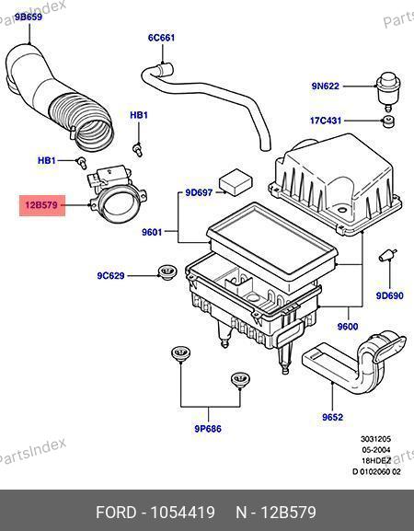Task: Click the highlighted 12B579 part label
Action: (42, 205)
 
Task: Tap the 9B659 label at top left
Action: (29, 17)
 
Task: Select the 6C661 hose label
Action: (162, 37)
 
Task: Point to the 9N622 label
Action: (326, 86)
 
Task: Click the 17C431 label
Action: (326, 121)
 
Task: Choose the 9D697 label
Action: (199, 192)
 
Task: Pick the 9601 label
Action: (152, 232)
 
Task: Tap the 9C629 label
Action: (110, 276)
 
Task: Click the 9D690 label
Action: (390, 295)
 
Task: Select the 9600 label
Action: (348, 327)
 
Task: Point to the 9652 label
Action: (332, 417)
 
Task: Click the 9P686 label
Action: (208, 429)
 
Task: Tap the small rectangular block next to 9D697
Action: (236, 182)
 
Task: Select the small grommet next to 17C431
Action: (389, 121)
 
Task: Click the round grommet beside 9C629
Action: (167, 271)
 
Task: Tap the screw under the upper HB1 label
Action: (137, 149)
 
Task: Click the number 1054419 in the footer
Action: (183, 512)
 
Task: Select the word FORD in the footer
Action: (116, 512)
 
